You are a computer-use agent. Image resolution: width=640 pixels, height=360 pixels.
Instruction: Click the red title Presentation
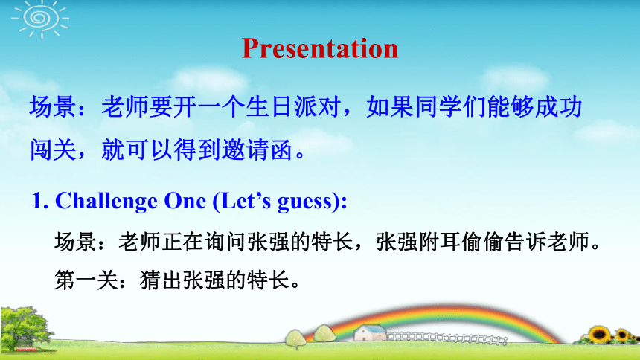pos(320,49)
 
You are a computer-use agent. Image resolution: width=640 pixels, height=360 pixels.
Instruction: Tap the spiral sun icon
pos(40,19)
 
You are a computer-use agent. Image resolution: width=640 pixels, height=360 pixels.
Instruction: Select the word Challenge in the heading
pos(106,202)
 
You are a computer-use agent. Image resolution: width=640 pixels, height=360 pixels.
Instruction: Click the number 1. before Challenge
pos(40,201)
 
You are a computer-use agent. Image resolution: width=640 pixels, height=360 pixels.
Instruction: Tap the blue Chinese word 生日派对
pos(293,107)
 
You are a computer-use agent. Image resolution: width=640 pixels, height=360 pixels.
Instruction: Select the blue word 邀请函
pos(257,150)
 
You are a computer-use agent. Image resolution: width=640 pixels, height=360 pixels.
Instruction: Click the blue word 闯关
pos(53,150)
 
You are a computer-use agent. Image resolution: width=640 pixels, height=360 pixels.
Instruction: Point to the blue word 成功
pos(558,107)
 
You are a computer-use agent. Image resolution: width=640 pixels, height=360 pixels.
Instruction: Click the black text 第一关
pos(86,280)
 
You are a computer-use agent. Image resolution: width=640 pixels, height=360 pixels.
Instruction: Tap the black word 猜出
pos(161,280)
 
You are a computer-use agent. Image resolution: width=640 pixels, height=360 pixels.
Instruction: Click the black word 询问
pos(225,242)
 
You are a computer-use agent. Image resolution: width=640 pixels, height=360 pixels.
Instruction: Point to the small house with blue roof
pos(370,332)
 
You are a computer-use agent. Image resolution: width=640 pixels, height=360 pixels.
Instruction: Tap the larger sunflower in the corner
pos(599,334)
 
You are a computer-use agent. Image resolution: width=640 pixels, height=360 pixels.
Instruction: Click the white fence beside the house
pos(447,338)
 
